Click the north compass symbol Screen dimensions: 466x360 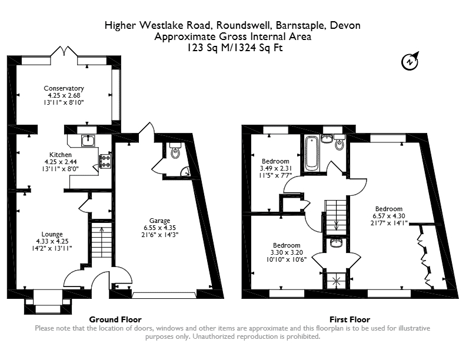click(410, 62)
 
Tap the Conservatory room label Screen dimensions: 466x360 click(64, 88)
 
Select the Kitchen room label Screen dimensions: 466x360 click(61, 155)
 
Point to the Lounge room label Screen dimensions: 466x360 click(52, 234)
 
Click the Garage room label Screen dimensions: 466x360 click(159, 221)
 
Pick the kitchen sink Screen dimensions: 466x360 click(88, 141)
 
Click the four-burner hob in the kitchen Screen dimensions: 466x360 click(105, 161)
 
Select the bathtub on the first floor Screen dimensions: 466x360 click(312, 152)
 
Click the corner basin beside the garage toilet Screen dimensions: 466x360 click(186, 171)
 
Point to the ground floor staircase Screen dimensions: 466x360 click(101, 239)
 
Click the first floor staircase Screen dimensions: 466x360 click(336, 218)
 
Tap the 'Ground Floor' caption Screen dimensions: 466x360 click(115, 319)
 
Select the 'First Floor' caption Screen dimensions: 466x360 click(350, 319)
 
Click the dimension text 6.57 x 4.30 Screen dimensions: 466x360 click(389, 216)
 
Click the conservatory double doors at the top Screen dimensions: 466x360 click(64, 51)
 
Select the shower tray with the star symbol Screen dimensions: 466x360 click(336, 281)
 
